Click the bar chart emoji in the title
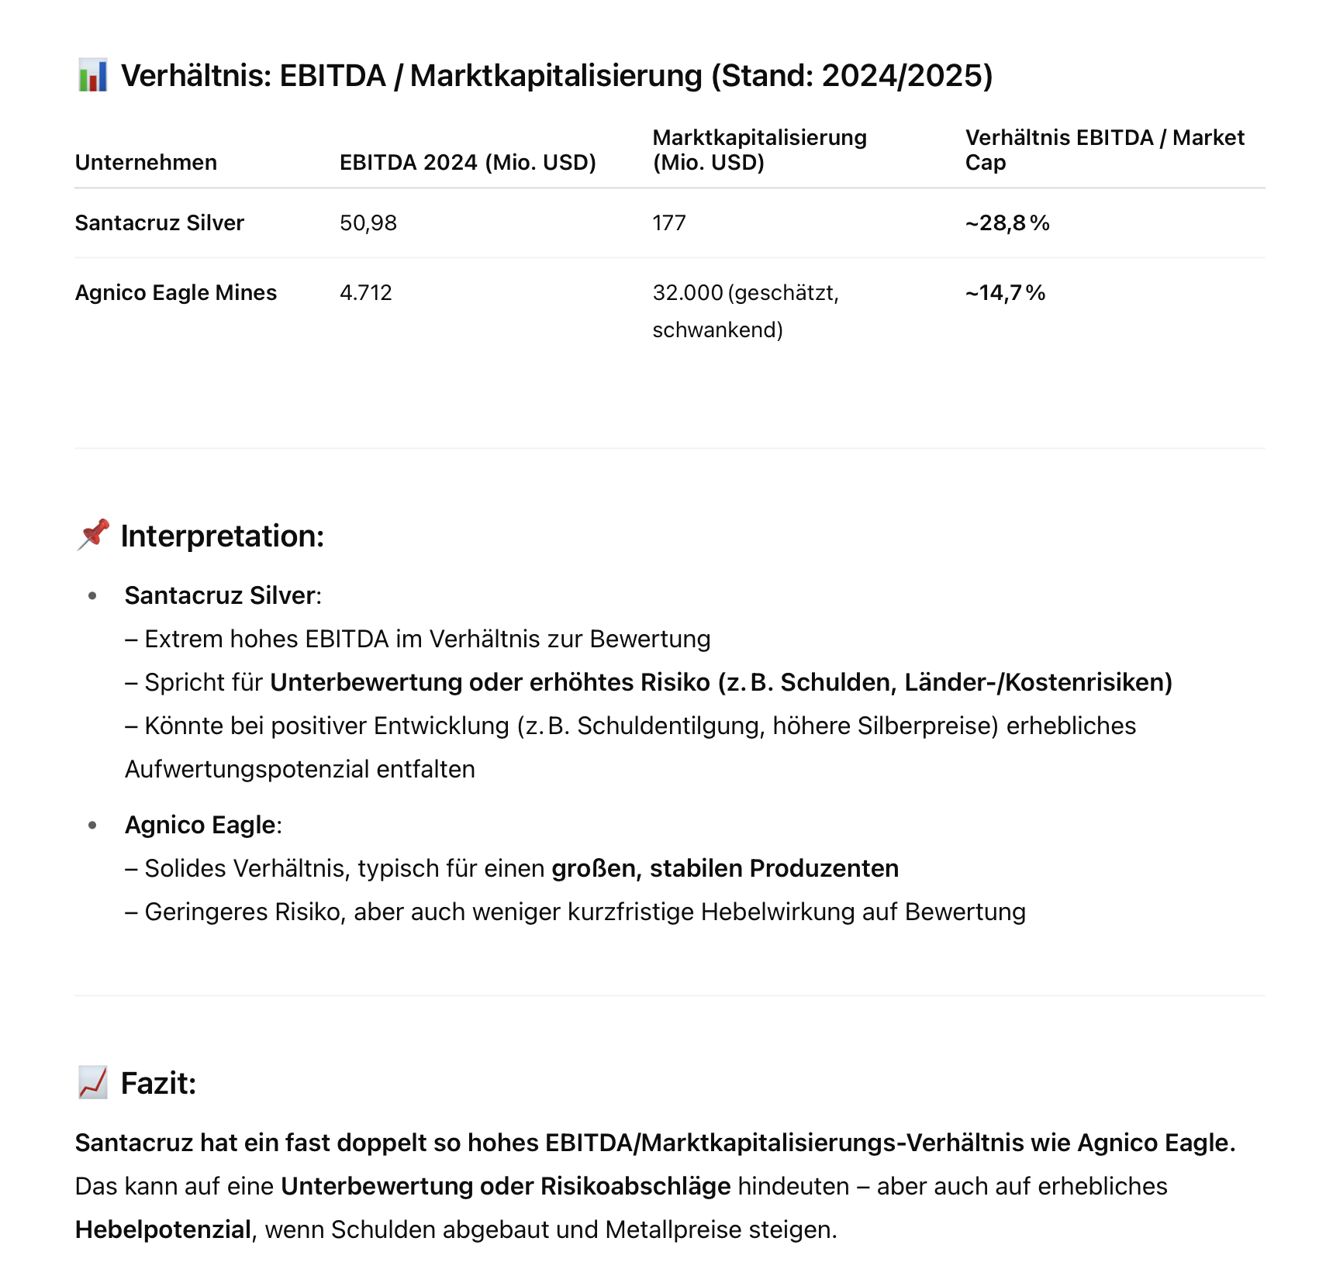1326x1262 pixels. [92, 75]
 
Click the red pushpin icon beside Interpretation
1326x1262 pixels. [93, 535]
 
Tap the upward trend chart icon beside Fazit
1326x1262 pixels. [93, 1082]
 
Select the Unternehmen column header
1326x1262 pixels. [146, 162]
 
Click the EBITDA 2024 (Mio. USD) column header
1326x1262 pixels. [468, 162]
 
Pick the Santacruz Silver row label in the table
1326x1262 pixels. [159, 222]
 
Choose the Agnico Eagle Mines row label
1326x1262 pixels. [175, 292]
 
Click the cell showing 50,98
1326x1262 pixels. [368, 222]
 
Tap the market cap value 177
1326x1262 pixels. [668, 222]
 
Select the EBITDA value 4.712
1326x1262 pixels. [365, 292]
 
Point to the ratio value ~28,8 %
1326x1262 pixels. [1007, 222]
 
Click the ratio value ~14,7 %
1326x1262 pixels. [1005, 292]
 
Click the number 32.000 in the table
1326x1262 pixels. [687, 292]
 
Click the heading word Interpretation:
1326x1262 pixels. [222, 536]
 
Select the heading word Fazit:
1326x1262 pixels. [158, 1083]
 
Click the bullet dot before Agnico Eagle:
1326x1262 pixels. [93, 825]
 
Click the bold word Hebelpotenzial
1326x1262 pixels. [163, 1229]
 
